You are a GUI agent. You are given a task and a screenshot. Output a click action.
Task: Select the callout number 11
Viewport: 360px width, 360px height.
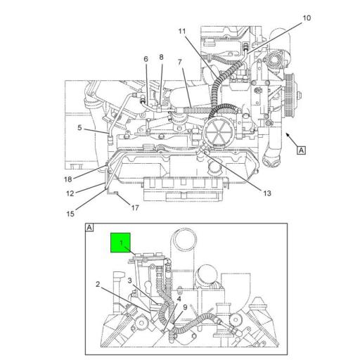pyautogui.click(x=182, y=32)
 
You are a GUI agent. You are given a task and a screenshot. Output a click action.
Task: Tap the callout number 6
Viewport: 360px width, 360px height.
pyautogui.click(x=146, y=59)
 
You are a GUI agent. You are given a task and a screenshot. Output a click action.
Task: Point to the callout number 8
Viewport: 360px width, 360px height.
pyautogui.click(x=161, y=57)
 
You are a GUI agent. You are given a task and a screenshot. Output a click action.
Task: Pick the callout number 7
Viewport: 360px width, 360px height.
pyautogui.click(x=180, y=63)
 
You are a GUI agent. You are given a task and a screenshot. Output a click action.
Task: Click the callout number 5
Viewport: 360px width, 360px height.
pyautogui.click(x=79, y=127)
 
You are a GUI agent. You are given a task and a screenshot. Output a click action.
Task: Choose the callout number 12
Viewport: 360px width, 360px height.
pyautogui.click(x=70, y=193)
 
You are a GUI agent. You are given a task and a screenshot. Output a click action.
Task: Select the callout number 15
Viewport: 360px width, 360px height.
pyautogui.click(x=70, y=213)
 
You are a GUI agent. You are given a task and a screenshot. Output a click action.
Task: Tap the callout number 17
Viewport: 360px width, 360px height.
pyautogui.click(x=135, y=208)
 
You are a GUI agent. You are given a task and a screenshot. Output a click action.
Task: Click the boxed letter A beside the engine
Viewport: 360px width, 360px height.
pyautogui.click(x=301, y=149)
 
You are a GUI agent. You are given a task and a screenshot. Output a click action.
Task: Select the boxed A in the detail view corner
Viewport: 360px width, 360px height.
pyautogui.click(x=89, y=228)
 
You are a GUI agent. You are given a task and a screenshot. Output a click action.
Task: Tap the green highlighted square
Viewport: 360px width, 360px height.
pyautogui.click(x=121, y=243)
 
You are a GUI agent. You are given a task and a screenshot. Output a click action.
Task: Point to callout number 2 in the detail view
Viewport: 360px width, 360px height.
pyautogui.click(x=98, y=284)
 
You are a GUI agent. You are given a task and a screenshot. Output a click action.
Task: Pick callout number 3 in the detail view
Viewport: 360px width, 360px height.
pyautogui.click(x=129, y=281)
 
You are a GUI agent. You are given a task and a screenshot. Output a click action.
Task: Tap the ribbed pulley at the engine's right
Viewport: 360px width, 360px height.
pyautogui.click(x=290, y=89)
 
